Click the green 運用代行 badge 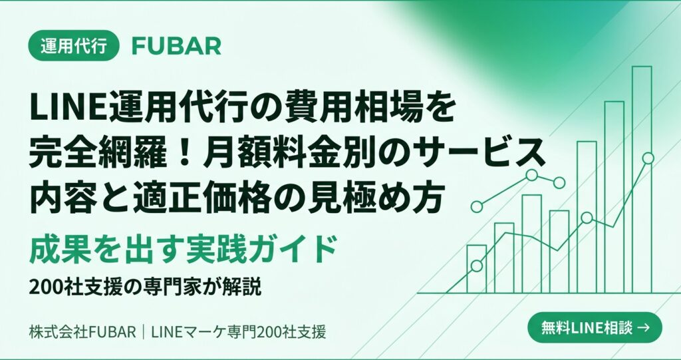click(73, 45)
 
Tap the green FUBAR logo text click(176, 46)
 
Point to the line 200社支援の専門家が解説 click(146, 287)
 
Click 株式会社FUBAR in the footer click(82, 333)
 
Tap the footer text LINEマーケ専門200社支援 click(239, 333)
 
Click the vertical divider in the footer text click(144, 333)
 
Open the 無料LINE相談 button click(595, 327)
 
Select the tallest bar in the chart click(642, 180)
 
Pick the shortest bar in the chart click(476, 269)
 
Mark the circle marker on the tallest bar click(648, 158)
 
